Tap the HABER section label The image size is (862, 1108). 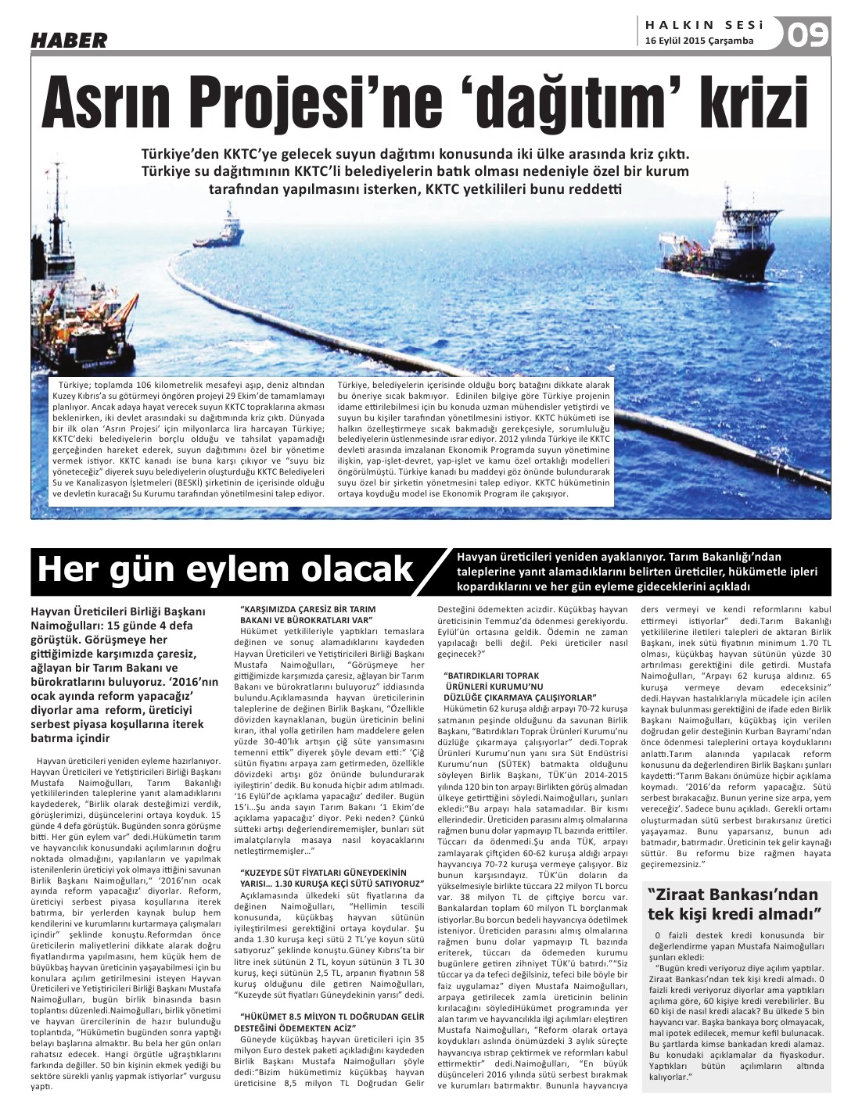click(x=68, y=40)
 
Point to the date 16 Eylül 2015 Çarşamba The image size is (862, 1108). click(x=699, y=41)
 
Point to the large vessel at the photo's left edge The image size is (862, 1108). click(x=78, y=313)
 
